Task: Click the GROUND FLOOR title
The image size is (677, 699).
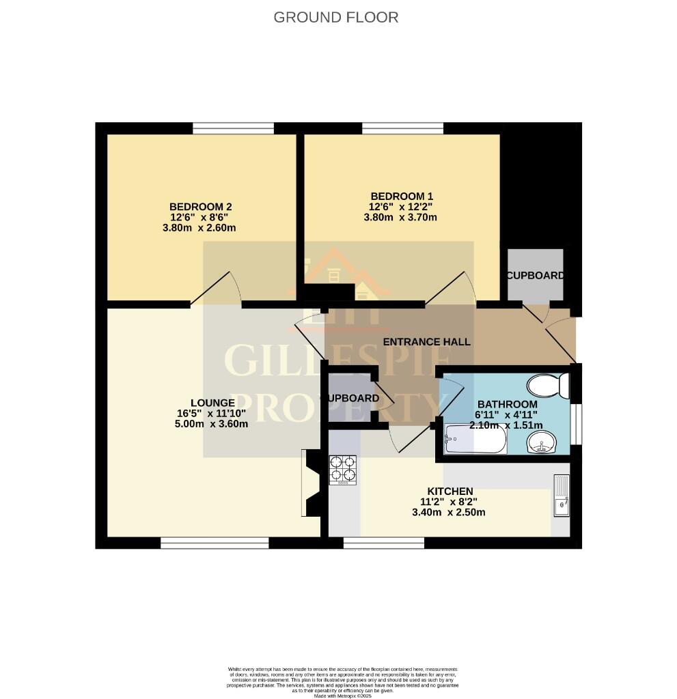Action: coord(335,17)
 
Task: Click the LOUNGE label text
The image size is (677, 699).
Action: coord(213,403)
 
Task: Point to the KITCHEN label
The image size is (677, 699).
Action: coord(450,491)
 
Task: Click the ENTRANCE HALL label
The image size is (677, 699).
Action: coord(427,341)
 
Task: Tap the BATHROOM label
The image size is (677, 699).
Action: coord(503,403)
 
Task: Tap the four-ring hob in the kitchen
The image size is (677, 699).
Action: coord(343,470)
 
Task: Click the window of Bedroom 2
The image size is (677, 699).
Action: coord(233,128)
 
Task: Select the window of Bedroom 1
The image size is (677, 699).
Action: coord(402,128)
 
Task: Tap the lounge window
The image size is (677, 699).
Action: coord(215,543)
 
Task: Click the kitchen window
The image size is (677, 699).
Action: coord(383,543)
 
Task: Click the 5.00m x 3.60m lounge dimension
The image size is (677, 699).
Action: coord(210,423)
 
